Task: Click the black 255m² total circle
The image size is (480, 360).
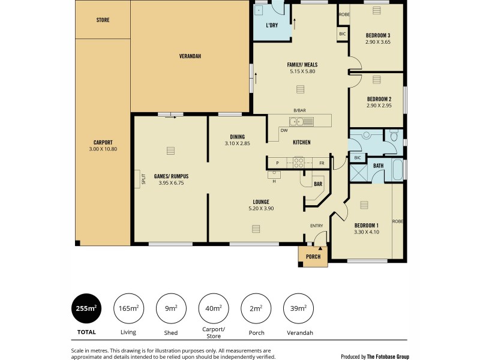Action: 86,308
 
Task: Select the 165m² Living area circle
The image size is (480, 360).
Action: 128,308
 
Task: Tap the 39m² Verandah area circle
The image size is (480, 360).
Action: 298,308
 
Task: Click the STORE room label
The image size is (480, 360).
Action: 103,20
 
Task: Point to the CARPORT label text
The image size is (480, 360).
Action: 103,143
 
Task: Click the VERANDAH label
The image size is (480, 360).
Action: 190,56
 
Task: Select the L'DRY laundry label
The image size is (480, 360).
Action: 272,26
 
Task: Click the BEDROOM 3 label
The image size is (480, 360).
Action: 378,35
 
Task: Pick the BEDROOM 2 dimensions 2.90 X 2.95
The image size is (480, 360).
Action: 378,106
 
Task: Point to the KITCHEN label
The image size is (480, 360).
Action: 301,142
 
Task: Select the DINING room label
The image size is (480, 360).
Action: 237,136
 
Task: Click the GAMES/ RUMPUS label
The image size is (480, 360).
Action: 171,176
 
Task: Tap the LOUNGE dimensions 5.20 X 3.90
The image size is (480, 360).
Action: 260,208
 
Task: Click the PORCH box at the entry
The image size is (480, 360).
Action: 313,256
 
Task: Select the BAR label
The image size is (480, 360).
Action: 317,184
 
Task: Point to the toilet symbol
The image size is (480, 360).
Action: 393,137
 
